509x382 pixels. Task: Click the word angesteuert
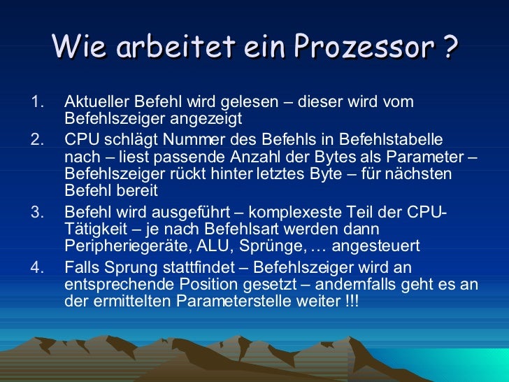coord(375,246)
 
